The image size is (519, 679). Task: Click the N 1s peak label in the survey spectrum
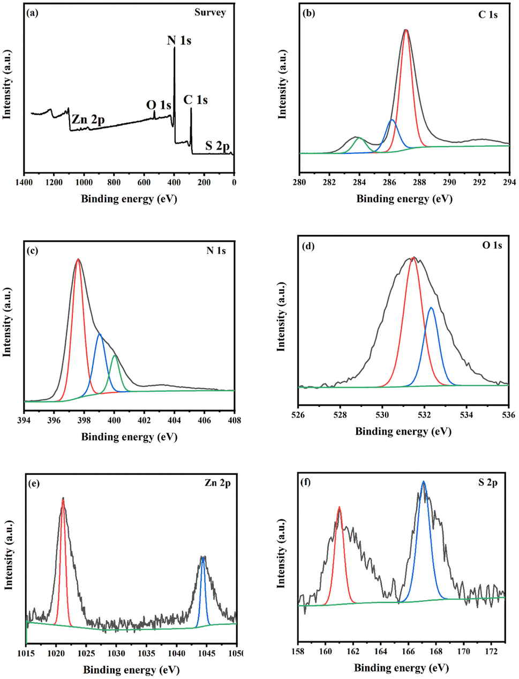179,40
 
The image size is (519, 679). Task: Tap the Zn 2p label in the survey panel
88,120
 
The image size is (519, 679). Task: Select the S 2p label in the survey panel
217,146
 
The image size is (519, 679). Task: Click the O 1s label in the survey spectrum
159,105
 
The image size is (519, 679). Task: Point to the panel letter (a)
33,12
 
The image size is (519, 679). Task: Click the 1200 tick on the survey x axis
54,182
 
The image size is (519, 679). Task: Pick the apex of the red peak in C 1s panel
406,30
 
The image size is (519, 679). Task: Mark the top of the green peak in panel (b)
359,138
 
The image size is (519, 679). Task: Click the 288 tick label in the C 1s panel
419,182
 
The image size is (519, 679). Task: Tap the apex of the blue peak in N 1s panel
100,334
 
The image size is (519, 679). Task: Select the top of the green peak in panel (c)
115,356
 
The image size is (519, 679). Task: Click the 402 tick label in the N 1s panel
144,420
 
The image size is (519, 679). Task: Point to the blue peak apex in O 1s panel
431,308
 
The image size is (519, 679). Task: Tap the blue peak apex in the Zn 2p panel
202,557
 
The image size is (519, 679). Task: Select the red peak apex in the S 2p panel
339,507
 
